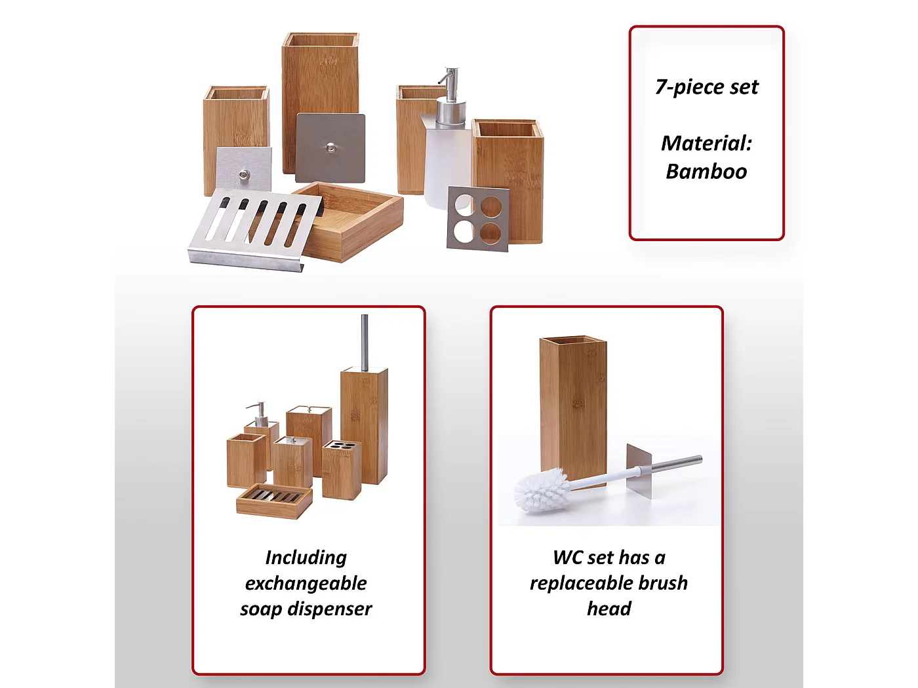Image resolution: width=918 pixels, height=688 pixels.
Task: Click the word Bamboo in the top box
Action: (706, 171)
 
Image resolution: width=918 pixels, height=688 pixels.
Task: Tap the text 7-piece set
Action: (706, 87)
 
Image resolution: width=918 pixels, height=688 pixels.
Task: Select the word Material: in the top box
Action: (706, 143)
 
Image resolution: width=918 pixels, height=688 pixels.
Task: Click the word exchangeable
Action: (306, 583)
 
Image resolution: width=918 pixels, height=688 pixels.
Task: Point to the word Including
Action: (306, 558)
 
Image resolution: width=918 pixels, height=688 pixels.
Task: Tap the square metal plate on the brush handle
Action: (639, 471)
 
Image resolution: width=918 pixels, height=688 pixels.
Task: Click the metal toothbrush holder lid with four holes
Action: (479, 218)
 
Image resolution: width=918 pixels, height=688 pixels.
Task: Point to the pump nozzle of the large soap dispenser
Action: (447, 79)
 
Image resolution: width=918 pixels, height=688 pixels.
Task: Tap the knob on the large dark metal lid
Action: (331, 147)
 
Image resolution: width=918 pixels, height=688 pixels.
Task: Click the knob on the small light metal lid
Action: (244, 174)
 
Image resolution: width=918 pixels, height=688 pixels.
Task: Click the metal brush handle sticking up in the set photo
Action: (365, 343)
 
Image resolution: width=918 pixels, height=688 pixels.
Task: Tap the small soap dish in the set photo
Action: (274, 501)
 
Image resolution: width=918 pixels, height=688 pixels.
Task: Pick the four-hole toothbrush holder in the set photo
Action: (342, 470)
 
